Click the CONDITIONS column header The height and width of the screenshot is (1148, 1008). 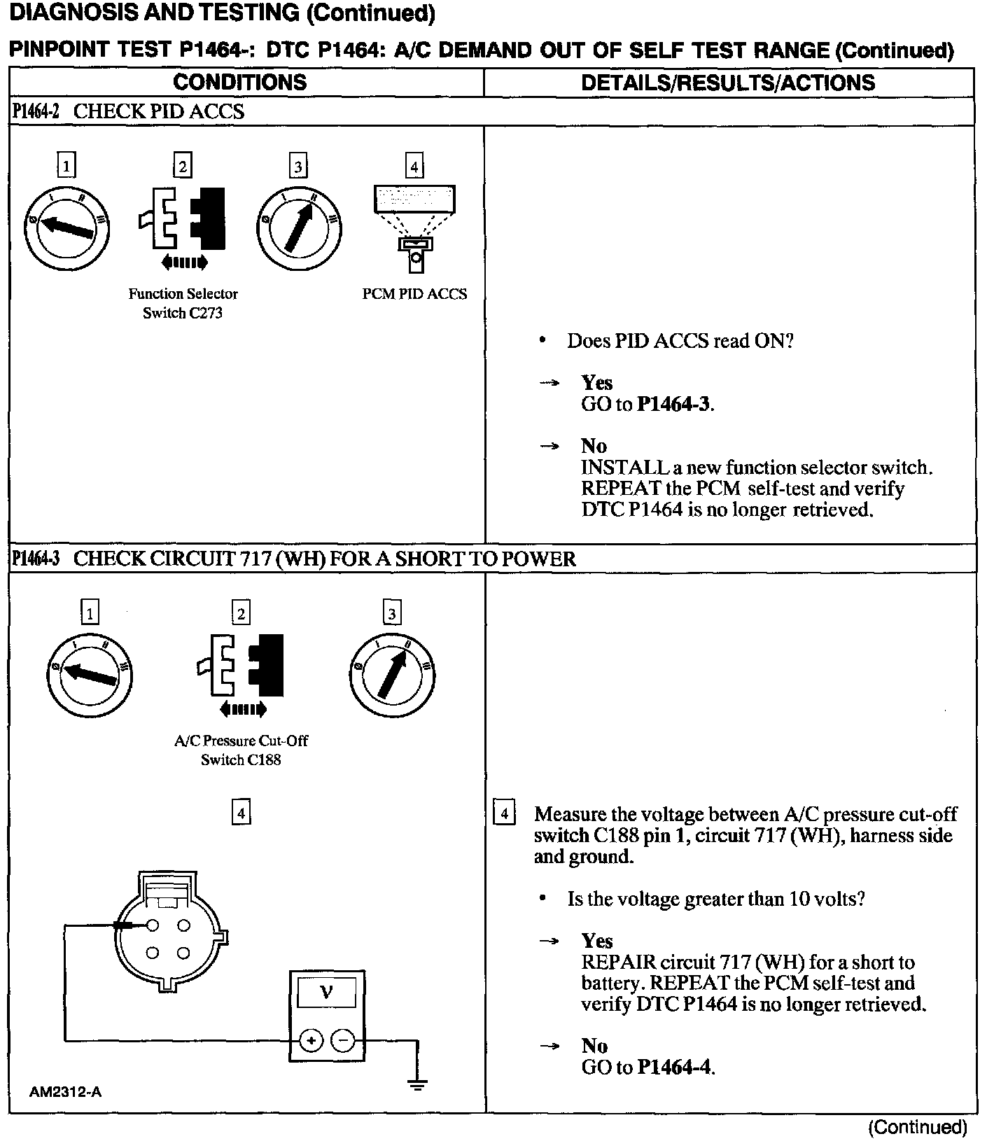tap(239, 82)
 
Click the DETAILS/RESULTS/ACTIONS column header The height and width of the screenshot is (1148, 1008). tap(728, 82)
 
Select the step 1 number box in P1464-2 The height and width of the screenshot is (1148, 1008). tap(66, 166)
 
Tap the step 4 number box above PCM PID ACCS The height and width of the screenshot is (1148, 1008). tap(414, 167)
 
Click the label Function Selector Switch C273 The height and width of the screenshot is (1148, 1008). tap(183, 303)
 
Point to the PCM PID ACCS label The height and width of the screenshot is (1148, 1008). tap(414, 294)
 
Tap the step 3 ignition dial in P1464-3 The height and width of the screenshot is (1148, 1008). tap(392, 675)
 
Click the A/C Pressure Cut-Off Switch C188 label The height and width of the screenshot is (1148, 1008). tap(241, 750)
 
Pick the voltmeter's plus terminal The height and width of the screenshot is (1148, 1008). tap(311, 1041)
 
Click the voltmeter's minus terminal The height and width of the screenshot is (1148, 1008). tap(343, 1041)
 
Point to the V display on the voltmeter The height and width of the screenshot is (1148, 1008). tap(326, 992)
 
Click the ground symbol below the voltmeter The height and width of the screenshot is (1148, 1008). tap(417, 1085)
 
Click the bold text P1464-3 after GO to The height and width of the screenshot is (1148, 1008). tap(674, 404)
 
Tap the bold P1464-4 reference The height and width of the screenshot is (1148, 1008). tap(675, 1067)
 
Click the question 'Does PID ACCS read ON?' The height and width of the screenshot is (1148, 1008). tap(680, 341)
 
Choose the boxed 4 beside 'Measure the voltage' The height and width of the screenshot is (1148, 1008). tap(505, 813)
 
